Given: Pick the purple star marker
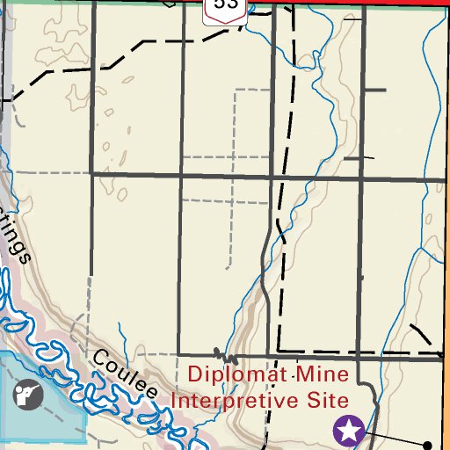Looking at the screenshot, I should click(x=349, y=431).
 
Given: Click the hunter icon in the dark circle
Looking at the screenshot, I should click(x=28, y=394).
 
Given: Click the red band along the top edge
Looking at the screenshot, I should click(x=352, y=4).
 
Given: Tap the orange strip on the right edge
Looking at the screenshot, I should click(x=446, y=404).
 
